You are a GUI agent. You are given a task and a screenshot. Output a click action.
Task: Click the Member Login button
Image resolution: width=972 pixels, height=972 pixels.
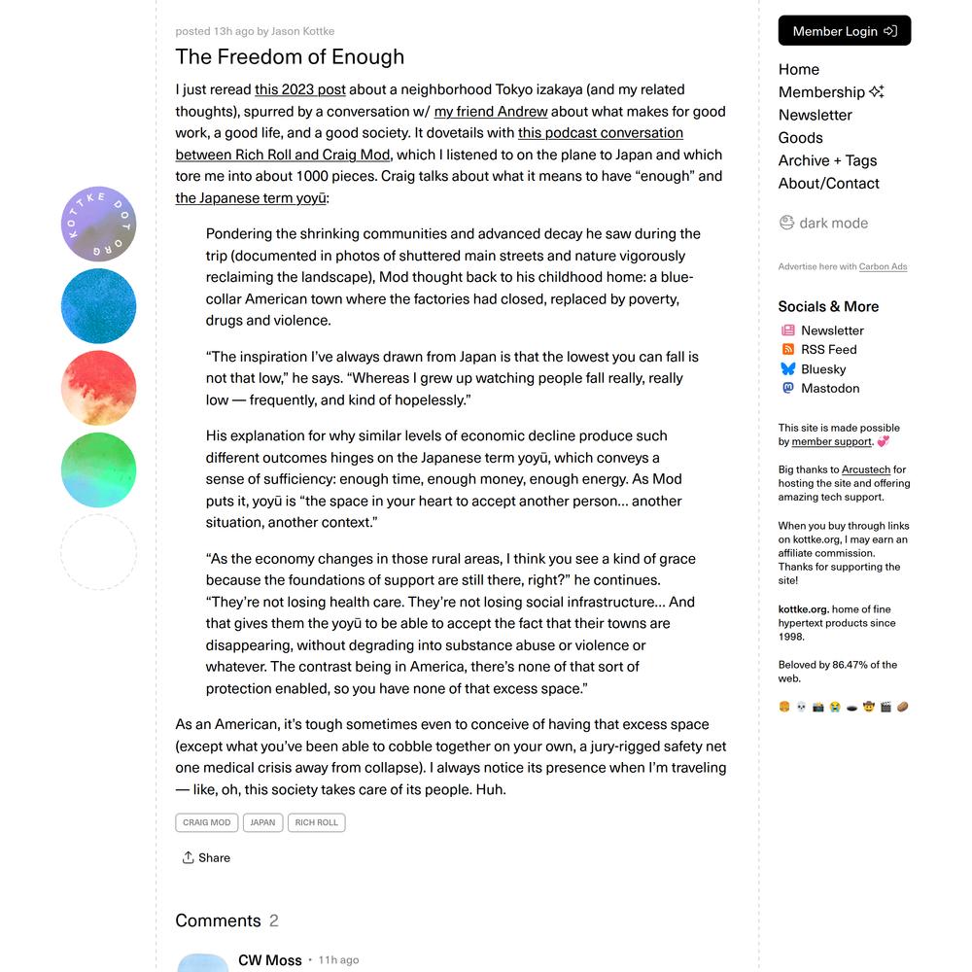(844, 31)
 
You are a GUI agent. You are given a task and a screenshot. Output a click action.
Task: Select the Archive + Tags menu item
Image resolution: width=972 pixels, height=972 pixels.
(827, 160)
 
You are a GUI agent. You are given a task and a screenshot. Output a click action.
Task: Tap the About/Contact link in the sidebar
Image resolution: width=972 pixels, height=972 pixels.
(828, 183)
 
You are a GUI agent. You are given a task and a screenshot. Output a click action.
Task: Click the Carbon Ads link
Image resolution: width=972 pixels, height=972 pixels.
(883, 266)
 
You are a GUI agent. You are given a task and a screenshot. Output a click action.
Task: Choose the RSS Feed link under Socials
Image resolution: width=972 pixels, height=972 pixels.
(828, 349)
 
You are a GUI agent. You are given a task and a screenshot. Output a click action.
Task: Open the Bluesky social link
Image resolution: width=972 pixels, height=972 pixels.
(822, 368)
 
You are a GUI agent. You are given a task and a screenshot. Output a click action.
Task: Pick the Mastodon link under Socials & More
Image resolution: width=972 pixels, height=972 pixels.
(829, 388)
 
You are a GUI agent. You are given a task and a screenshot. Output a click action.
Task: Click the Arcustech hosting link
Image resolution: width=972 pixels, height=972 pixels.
(866, 469)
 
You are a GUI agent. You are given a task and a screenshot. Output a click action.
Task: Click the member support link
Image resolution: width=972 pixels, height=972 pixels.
(831, 441)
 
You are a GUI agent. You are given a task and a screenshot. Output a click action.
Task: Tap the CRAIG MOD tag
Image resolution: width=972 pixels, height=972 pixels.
(207, 822)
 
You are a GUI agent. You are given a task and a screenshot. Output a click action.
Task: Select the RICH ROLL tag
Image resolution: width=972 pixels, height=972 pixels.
(317, 822)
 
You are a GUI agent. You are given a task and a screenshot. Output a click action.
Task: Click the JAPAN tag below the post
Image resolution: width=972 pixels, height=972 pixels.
(262, 822)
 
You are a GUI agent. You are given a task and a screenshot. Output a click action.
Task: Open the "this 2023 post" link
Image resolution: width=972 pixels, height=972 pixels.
(300, 89)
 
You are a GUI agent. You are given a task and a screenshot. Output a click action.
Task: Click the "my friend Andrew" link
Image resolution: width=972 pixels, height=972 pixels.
(491, 112)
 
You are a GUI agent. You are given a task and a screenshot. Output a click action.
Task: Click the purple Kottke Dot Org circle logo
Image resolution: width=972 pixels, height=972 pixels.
(98, 224)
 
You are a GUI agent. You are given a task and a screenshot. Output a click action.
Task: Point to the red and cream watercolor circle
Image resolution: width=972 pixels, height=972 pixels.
(98, 388)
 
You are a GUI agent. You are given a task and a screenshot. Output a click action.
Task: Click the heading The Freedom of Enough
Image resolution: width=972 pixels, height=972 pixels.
(290, 56)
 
